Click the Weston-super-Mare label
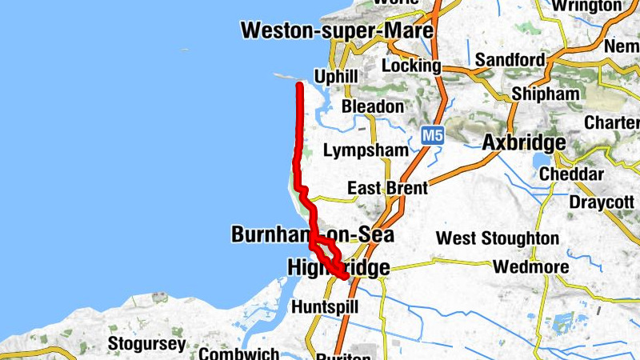(x=337, y=31)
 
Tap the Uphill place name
(x=336, y=77)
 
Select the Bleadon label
(x=372, y=106)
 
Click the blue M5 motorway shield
(x=432, y=135)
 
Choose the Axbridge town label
(x=524, y=143)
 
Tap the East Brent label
(x=387, y=189)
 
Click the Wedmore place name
(x=531, y=267)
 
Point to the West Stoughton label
(x=497, y=238)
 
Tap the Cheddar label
(x=571, y=174)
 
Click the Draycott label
(x=601, y=202)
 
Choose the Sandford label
(x=510, y=60)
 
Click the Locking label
(x=410, y=66)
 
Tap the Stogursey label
(x=147, y=345)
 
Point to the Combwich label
(x=239, y=354)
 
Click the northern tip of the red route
(x=299, y=84)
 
